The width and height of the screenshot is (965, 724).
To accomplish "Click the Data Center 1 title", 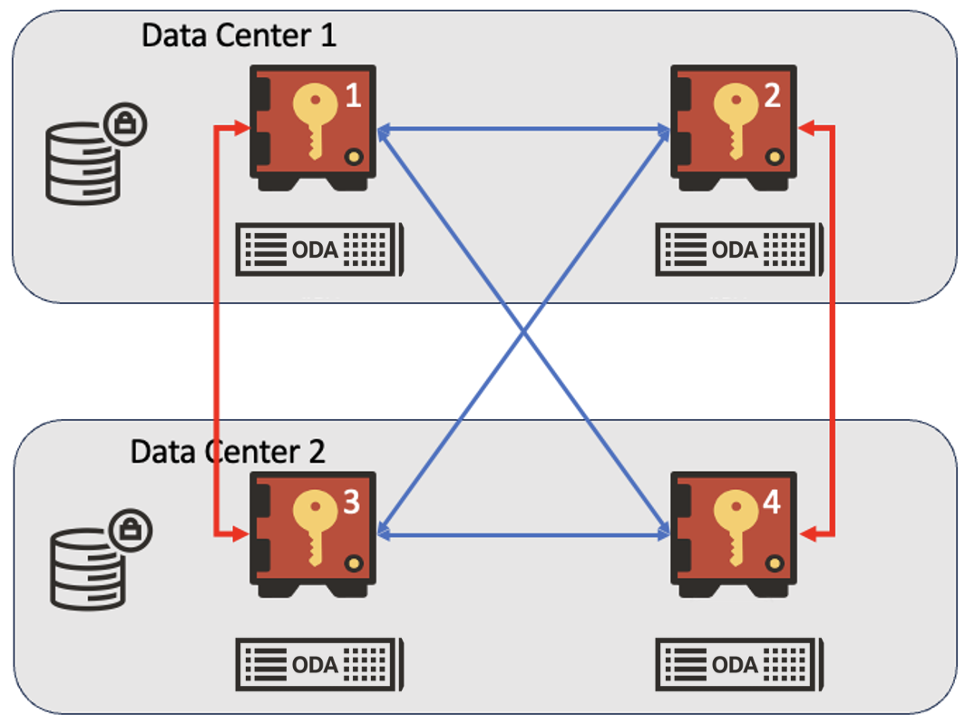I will [x=239, y=35].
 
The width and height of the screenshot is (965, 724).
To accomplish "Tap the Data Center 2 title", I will [x=228, y=451].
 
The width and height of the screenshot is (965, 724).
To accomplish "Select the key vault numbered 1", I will [x=314, y=127].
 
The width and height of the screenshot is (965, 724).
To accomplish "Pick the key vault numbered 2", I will [x=734, y=127].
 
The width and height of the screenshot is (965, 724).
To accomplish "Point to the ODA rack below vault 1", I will [x=320, y=249].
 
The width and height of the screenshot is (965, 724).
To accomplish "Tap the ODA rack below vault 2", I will [x=740, y=249].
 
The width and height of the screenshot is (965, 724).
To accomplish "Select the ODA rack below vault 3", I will [x=320, y=664].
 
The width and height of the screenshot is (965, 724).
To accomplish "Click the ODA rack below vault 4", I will [x=740, y=664].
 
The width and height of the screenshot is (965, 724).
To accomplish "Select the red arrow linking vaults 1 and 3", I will [x=218, y=331].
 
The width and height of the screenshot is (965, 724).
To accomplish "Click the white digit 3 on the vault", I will [x=352, y=502].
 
